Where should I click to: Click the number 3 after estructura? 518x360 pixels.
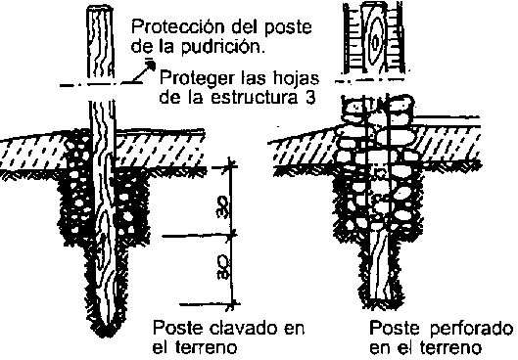coord(309,98)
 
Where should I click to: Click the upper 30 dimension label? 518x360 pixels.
coord(222,208)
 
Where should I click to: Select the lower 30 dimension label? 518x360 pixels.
coord(223,266)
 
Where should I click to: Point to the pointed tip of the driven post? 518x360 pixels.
coord(107,334)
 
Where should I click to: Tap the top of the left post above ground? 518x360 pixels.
coord(100,7)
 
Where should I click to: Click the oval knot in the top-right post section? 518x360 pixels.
coord(375,42)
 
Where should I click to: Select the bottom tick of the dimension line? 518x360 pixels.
coord(232,303)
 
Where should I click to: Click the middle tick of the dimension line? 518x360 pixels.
coord(232,235)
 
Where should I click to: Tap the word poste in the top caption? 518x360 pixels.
coord(289,27)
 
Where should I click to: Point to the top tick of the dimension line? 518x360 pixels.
coord(231,166)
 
